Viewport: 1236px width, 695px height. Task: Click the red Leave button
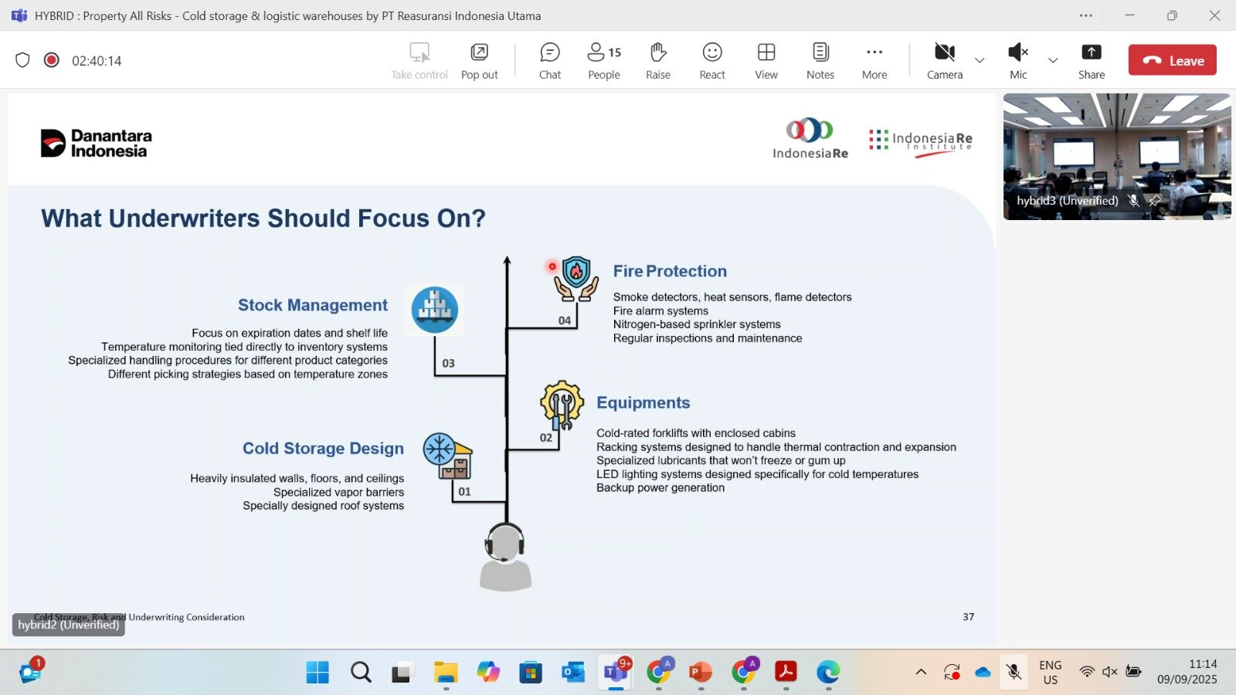pyautogui.click(x=1172, y=60)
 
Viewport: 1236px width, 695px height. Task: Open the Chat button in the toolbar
pyautogui.click(x=549, y=61)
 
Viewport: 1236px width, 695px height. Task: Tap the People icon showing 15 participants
pyautogui.click(x=603, y=61)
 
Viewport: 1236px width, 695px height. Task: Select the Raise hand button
pyautogui.click(x=657, y=61)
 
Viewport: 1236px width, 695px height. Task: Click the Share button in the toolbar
pyautogui.click(x=1091, y=61)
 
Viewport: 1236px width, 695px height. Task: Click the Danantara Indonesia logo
pyautogui.click(x=96, y=143)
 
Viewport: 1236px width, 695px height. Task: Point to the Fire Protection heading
pyautogui.click(x=670, y=271)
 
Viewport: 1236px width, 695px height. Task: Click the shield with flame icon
pyautogui.click(x=576, y=279)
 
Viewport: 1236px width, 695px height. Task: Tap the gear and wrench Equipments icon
pyautogui.click(x=562, y=405)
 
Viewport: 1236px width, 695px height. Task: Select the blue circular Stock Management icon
pyautogui.click(x=434, y=310)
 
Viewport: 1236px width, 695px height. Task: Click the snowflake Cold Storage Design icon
pyautogui.click(x=447, y=456)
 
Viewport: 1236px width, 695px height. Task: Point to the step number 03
pyautogui.click(x=448, y=364)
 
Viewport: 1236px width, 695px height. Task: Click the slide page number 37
pyautogui.click(x=969, y=617)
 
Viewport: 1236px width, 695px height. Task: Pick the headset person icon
pyautogui.click(x=505, y=557)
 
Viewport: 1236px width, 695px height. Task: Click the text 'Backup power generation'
pyautogui.click(x=660, y=487)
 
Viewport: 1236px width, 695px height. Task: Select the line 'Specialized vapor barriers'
pyautogui.click(x=339, y=492)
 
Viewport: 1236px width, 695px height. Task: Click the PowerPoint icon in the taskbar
pyautogui.click(x=701, y=672)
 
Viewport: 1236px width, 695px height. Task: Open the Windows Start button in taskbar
pyautogui.click(x=317, y=672)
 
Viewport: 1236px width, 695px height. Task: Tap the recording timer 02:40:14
pyautogui.click(x=97, y=61)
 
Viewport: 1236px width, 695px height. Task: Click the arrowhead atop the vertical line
pyautogui.click(x=507, y=259)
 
